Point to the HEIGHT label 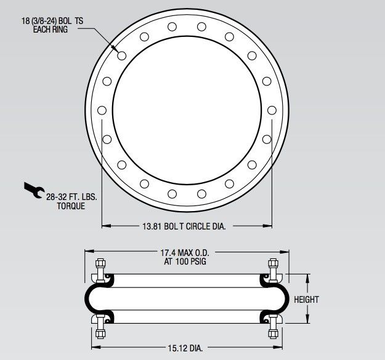tap(306, 300)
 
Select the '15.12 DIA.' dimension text tap(184, 348)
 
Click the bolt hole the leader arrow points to tap(122, 56)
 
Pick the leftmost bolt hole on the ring tap(102, 111)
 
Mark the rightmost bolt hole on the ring tap(272, 110)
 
